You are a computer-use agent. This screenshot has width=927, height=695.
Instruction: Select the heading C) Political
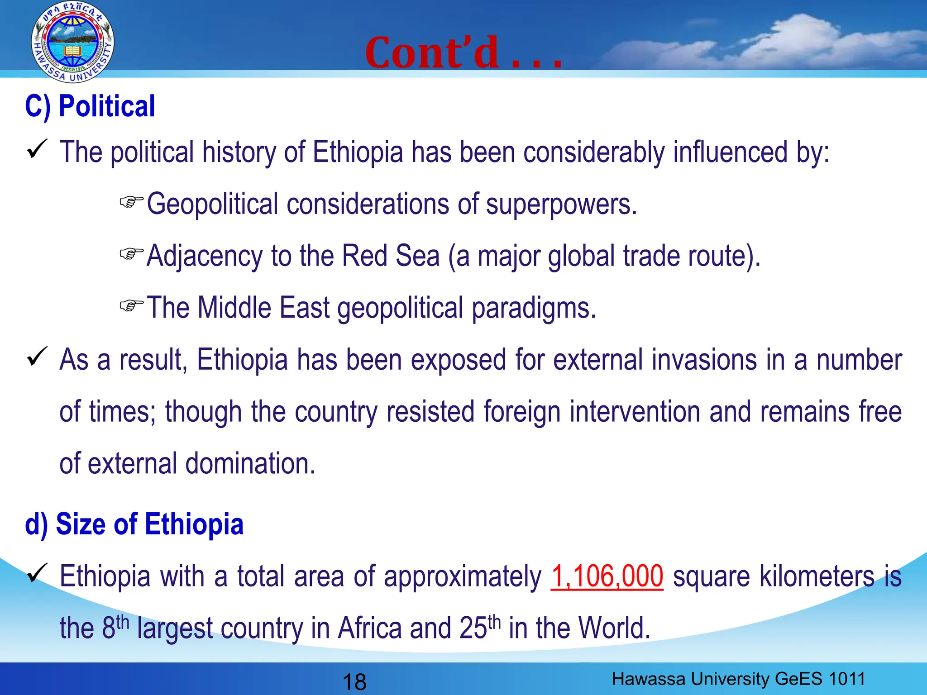click(x=90, y=107)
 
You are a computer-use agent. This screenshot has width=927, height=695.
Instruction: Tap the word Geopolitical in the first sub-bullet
click(x=212, y=205)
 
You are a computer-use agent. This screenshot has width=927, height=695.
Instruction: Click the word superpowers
click(x=561, y=205)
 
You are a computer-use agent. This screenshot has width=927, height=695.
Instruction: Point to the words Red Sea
click(x=390, y=256)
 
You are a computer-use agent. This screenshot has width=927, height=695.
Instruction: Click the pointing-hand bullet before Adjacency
click(x=131, y=253)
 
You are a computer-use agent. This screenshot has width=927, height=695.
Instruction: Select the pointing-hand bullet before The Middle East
click(x=131, y=305)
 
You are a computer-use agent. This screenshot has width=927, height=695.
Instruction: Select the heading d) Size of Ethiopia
click(x=134, y=524)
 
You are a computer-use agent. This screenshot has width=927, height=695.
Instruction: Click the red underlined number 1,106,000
click(x=607, y=577)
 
